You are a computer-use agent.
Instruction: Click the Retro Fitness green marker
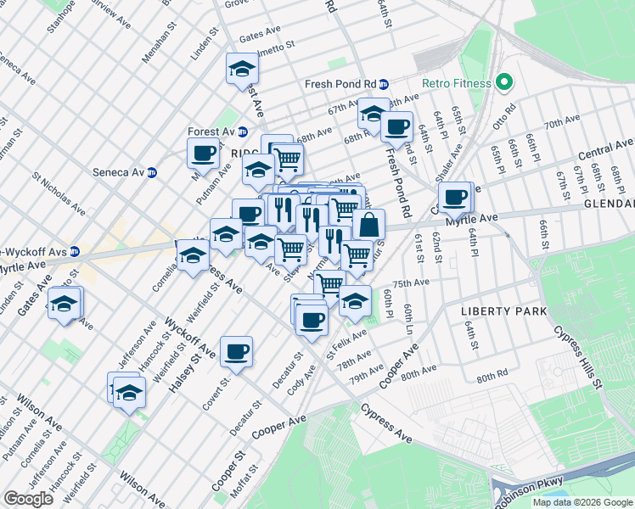tap(503, 83)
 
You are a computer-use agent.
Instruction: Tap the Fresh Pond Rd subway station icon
tap(384, 84)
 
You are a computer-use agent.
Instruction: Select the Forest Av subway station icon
tap(243, 131)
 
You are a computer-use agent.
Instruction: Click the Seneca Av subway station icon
tap(152, 172)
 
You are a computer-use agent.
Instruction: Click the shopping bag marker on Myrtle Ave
tap(369, 226)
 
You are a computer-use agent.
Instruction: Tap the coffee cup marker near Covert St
tap(236, 351)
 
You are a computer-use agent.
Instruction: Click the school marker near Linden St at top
tap(242, 69)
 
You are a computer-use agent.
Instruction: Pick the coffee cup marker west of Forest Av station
tap(203, 154)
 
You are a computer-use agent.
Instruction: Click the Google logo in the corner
tap(28, 499)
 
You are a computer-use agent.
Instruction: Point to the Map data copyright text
tap(582, 502)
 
